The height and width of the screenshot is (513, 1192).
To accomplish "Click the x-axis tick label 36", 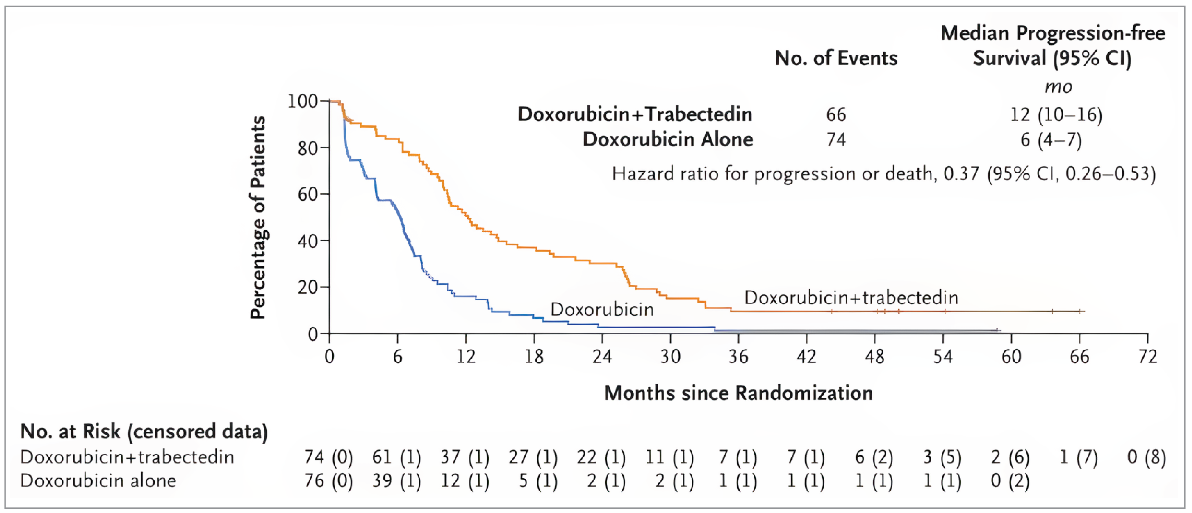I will click(x=738, y=356).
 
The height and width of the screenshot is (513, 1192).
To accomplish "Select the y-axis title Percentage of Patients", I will click(x=258, y=218).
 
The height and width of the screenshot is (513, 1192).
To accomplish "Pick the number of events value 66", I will click(x=836, y=114).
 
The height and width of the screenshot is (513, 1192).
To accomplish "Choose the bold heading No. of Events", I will click(x=836, y=58).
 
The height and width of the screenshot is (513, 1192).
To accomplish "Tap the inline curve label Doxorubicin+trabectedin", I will click(x=851, y=297).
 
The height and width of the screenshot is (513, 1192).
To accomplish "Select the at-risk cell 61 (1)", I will click(x=396, y=457).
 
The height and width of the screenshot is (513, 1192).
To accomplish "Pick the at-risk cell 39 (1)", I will click(x=396, y=481).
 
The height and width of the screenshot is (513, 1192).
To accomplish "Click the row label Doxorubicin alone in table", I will click(x=98, y=481).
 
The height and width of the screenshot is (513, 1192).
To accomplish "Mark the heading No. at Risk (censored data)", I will click(x=144, y=431).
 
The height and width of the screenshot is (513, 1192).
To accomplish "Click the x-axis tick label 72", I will click(x=1148, y=356).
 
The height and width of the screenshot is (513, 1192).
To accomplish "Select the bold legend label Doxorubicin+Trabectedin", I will click(x=635, y=114).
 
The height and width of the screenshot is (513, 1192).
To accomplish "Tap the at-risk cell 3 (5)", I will click(x=942, y=457).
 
